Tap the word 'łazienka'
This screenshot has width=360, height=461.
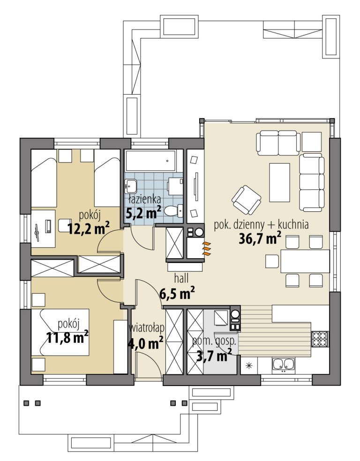coord(145,199)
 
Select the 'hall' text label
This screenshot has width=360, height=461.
coord(181,278)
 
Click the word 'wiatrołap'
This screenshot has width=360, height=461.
coord(147,327)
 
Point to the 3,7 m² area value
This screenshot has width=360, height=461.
coord(214,355)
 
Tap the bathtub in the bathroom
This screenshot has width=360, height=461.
coord(150,161)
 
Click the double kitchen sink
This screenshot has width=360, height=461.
coord(283,364)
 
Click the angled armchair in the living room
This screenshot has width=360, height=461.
coord(246,200)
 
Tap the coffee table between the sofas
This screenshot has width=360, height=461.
coord(279,183)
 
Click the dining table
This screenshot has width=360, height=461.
coord(305,261)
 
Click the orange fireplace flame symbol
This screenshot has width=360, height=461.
coord(207,248)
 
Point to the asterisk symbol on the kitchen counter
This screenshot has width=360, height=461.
coord(249,365)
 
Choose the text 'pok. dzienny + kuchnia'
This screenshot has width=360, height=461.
coord(261,225)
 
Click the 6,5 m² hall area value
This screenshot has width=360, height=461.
coord(177,293)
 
